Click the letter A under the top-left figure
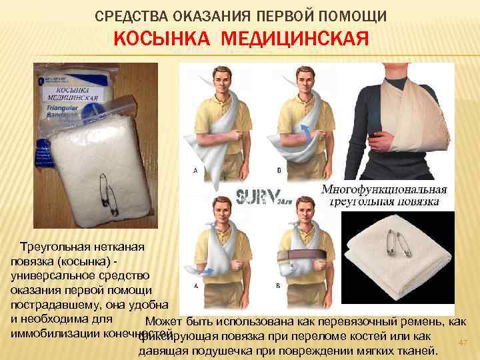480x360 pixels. click(195, 171)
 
